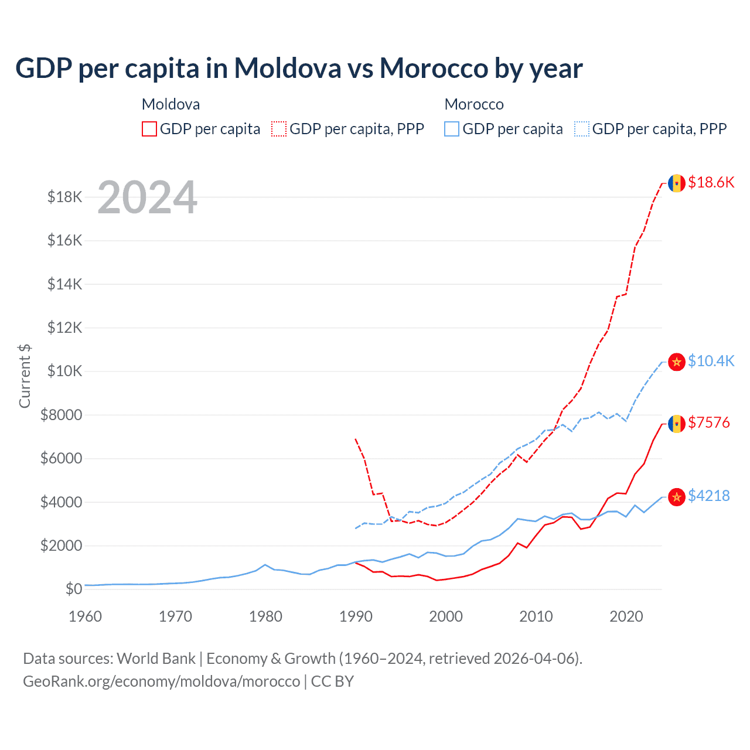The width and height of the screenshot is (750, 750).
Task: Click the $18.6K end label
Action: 711,182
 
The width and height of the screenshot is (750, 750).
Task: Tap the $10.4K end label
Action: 711,361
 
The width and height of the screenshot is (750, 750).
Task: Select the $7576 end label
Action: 709,422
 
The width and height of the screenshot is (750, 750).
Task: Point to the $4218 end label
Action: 709,496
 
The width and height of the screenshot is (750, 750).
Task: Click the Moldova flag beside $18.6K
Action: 677,183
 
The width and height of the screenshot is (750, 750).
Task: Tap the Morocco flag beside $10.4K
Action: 677,362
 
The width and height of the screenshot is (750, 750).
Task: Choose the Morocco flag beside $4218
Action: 677,497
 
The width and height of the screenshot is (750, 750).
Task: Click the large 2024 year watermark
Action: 147,197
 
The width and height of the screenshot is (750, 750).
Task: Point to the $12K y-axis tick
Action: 65,328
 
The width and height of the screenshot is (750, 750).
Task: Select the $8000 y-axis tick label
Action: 62,415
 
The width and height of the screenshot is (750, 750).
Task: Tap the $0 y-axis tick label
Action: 74,589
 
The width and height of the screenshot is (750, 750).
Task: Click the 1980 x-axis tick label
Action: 265,616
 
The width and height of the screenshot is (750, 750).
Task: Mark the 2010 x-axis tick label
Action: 536,616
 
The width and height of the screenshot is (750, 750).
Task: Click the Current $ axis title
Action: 25,376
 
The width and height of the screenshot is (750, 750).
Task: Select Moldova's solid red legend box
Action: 149,129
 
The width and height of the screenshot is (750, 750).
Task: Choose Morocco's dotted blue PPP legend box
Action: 582,129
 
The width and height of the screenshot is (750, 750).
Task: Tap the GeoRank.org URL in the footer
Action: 161,681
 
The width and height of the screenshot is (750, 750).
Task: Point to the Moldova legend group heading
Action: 171,104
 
